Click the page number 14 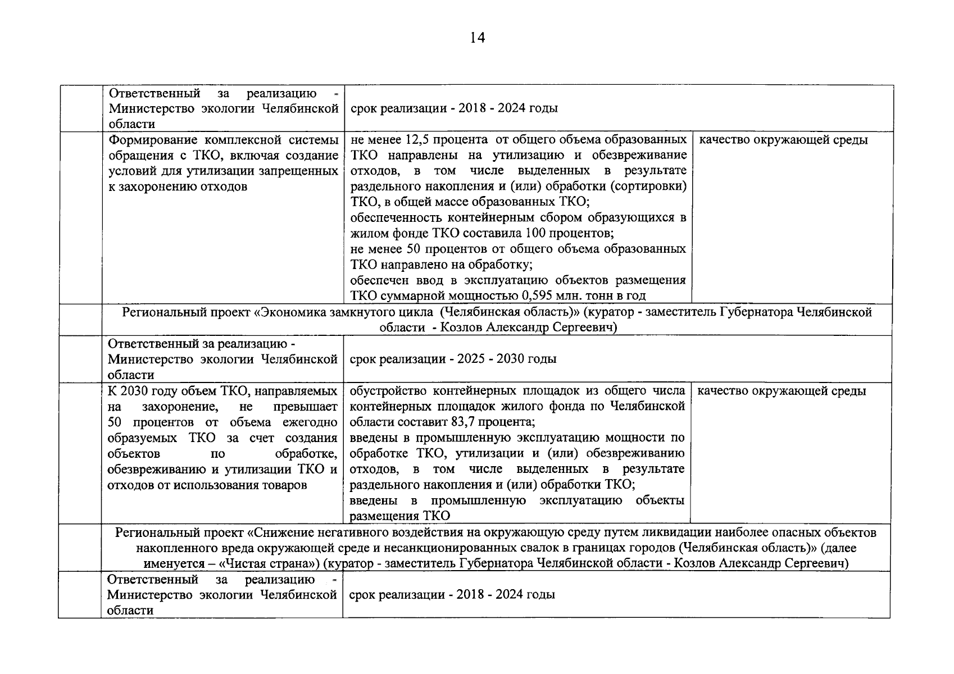tap(476, 38)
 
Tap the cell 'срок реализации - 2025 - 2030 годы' tap(453, 359)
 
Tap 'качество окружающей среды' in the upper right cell tap(783, 140)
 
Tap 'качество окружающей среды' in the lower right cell tap(782, 391)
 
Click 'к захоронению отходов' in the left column tap(177, 186)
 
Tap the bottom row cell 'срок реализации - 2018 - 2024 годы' tap(452, 594)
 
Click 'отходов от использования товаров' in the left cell tap(207, 485)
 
